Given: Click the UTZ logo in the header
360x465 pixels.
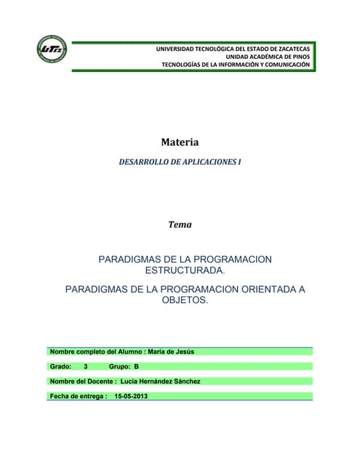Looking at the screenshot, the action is [52, 49].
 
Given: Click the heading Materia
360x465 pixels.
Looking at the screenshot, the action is [180, 142].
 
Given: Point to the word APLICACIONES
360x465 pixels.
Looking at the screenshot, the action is [204, 164].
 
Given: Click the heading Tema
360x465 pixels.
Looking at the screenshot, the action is [180, 225].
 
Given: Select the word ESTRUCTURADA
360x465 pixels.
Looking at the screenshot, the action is [185, 270].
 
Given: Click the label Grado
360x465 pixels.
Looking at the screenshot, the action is [60, 367].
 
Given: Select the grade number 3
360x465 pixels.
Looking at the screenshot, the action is [86, 367].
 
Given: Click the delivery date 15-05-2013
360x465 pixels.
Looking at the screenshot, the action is [131, 396].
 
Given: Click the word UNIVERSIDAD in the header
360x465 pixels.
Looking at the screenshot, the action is [179, 48].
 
